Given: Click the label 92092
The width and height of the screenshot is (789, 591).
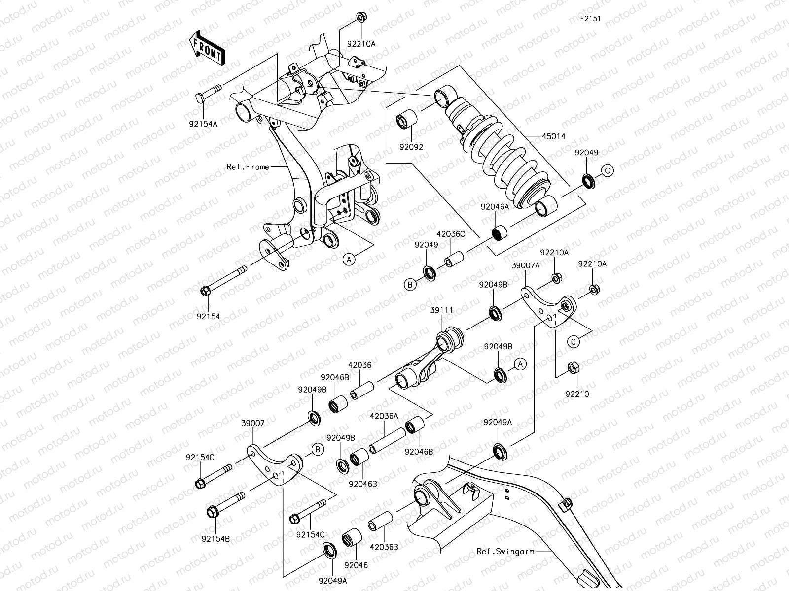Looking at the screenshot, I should click(x=411, y=146).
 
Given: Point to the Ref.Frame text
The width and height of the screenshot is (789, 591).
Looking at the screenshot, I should click(x=248, y=167).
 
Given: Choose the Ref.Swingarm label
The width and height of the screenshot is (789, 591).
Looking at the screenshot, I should click(x=505, y=551).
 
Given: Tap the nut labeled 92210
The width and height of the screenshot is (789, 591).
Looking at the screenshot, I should click(x=574, y=369).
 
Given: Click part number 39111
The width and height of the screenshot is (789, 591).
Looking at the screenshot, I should click(x=441, y=310).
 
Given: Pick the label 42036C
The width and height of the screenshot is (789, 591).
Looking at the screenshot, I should click(x=450, y=235).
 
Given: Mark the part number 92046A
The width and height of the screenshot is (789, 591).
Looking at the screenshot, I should click(x=495, y=208).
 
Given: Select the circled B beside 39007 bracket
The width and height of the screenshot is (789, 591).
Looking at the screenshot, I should click(x=317, y=449).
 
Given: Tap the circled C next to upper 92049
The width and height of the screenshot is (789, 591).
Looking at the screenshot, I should click(x=607, y=171).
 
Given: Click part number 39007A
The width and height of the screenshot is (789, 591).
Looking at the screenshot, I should click(x=525, y=264).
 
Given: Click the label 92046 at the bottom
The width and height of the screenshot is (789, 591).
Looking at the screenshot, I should click(x=356, y=565).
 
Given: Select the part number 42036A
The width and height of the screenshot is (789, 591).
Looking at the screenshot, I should click(x=384, y=416).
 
